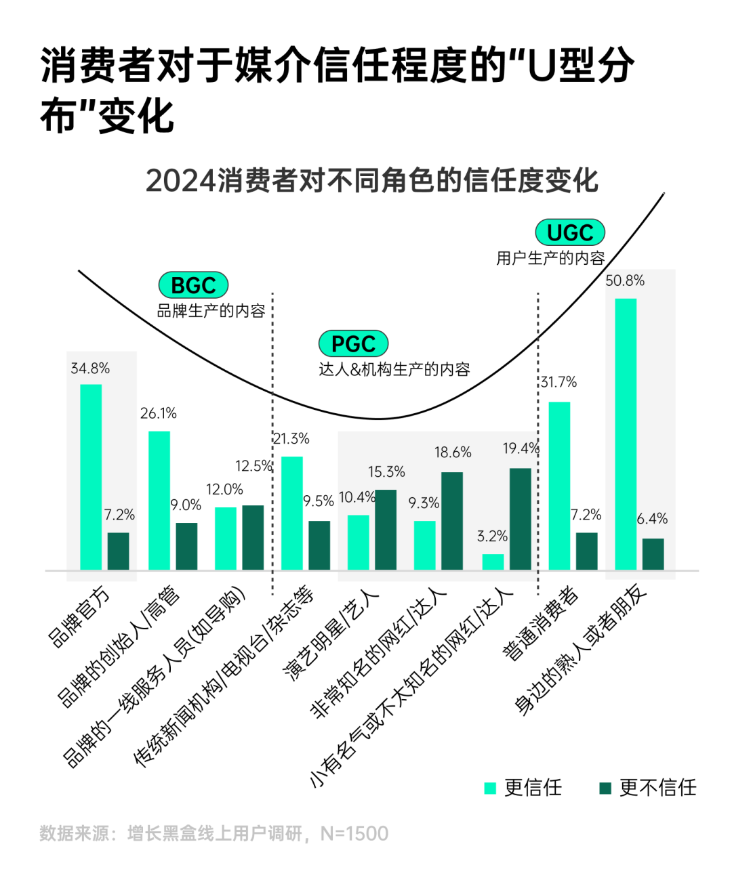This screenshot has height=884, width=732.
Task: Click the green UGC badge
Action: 569,233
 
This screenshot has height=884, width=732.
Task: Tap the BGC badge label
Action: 193,285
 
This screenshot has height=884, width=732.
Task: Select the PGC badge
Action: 353,343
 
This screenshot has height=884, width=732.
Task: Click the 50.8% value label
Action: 625,280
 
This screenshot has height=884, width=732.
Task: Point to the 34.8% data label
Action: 90,369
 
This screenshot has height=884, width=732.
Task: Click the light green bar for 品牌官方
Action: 91,477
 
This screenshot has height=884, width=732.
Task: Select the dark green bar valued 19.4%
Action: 521,519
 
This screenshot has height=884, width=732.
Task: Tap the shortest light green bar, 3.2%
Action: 493,562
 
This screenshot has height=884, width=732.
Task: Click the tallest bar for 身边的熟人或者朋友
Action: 626,434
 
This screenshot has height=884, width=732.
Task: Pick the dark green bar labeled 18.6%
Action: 452,521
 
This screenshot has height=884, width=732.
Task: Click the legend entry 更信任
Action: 523,788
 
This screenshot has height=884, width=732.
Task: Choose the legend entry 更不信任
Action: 648,788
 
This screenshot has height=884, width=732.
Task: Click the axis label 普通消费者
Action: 540,624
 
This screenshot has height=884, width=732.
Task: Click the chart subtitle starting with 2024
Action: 371,181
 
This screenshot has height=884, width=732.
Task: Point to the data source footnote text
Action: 214,833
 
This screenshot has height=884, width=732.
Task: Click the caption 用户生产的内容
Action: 550,258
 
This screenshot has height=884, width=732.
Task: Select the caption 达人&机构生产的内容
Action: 394,369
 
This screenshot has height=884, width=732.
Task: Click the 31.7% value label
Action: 558,382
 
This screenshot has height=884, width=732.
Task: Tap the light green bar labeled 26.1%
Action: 159,500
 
